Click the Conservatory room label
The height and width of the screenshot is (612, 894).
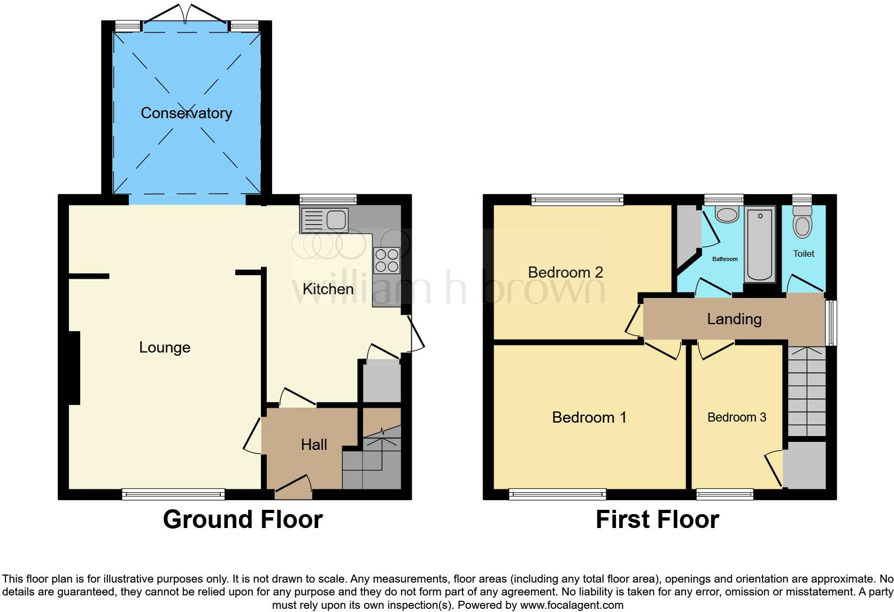click(x=187, y=113)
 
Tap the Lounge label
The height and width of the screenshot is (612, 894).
click(x=165, y=347)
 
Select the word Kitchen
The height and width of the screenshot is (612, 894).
click(x=328, y=289)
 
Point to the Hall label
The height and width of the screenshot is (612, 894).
click(x=314, y=445)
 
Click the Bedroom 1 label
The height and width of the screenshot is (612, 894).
click(x=589, y=417)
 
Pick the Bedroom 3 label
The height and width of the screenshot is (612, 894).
click(x=737, y=417)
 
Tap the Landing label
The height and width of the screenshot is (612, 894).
click(x=734, y=319)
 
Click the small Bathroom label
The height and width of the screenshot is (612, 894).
click(x=725, y=259)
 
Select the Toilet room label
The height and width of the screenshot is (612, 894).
click(x=804, y=254)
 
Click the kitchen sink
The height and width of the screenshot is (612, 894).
click(x=325, y=220)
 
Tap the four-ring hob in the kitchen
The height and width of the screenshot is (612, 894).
click(x=387, y=261)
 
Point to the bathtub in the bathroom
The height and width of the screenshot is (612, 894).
click(x=759, y=244)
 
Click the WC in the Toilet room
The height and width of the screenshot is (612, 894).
click(x=803, y=223)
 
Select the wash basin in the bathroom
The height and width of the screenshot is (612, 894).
click(x=727, y=214)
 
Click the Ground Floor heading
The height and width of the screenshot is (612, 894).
click(x=243, y=519)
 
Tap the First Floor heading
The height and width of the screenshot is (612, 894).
click(x=657, y=519)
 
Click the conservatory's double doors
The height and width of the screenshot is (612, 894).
click(x=185, y=14)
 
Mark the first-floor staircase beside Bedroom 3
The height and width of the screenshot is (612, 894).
click(x=807, y=391)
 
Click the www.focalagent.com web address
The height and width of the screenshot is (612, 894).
click(x=572, y=605)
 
